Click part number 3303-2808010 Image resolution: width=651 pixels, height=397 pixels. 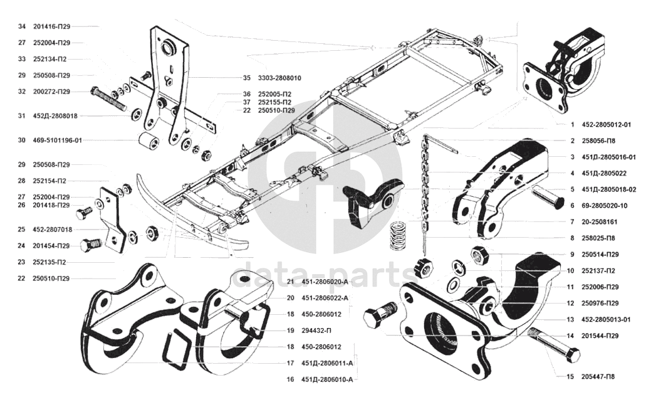(279, 78)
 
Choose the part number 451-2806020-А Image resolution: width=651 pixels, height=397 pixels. (326, 281)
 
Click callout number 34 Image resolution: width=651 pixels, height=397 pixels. (22, 26)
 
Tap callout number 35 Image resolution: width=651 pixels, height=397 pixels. (247, 78)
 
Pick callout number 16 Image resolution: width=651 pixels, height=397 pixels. (290, 379)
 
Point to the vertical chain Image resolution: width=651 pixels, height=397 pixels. (426, 188)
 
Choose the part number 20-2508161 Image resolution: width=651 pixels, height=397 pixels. (600, 221)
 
